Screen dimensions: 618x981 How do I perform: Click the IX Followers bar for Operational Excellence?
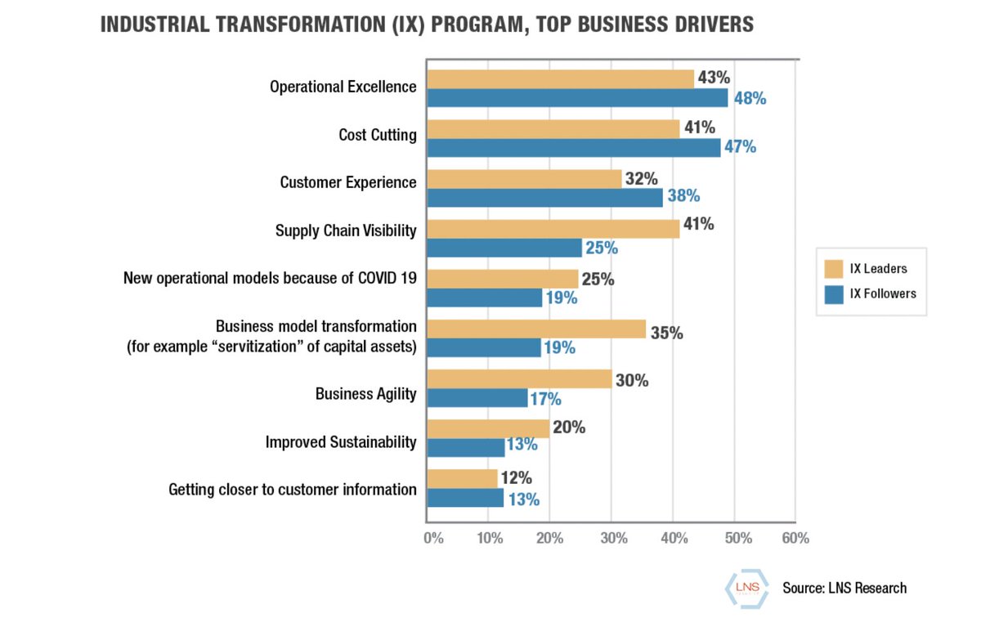576,98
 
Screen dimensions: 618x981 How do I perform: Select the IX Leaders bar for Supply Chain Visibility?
553,229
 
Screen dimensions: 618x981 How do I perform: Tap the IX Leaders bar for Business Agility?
518,378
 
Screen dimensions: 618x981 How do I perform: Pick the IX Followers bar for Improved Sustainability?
465,447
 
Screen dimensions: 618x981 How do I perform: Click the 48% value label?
750,99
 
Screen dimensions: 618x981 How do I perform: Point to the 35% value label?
666,333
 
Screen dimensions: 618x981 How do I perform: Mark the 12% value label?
517,478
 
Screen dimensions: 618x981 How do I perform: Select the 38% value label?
683,196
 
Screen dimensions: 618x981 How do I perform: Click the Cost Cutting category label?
378,135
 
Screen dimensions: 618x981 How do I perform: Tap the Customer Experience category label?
348,182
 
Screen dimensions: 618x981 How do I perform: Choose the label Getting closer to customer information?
293,490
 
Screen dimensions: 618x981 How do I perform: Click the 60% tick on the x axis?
795,538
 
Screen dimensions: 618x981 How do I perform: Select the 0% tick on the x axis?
432,538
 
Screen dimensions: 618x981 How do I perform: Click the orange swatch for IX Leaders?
834,269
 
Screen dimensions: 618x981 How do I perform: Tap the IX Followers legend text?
883,293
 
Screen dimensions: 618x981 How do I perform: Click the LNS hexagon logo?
743,587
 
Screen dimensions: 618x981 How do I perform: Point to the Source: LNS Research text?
844,588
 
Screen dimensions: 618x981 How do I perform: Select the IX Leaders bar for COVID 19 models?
502,279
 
